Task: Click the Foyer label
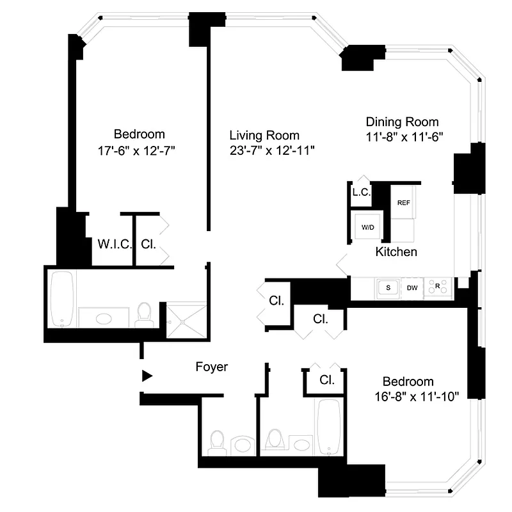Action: click(x=211, y=367)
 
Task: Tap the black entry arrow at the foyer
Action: click(x=147, y=376)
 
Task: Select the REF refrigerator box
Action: click(x=403, y=203)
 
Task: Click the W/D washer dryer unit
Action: click(x=367, y=227)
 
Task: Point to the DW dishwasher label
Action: click(x=413, y=288)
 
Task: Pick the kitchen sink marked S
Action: click(x=387, y=288)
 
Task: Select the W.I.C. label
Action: click(x=115, y=244)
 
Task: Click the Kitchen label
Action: click(x=396, y=252)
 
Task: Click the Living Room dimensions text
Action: click(x=273, y=151)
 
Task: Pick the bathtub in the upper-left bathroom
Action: click(x=63, y=300)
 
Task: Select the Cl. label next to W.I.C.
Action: click(x=148, y=244)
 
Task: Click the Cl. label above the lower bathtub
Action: click(x=327, y=380)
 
